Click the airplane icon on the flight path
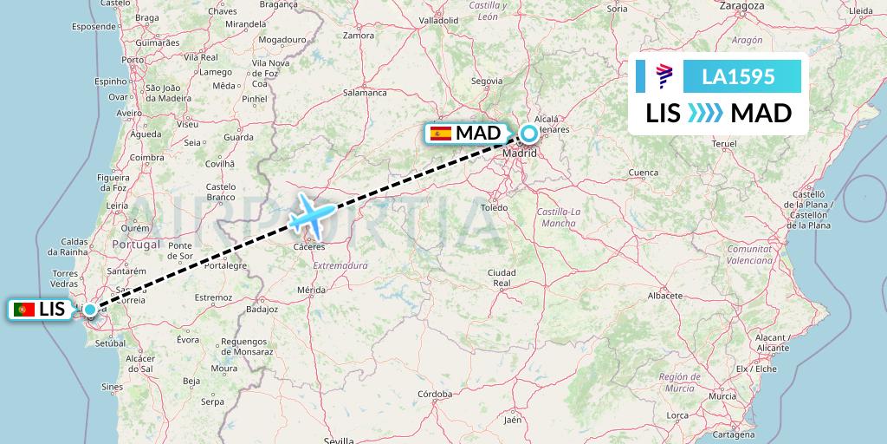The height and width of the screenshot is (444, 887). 311,214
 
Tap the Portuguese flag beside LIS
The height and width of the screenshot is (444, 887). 25,310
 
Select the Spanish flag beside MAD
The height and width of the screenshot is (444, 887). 441,134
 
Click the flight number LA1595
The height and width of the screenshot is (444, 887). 738,77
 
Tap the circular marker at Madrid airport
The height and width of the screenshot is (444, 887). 528,134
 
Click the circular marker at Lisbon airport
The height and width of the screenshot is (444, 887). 90,310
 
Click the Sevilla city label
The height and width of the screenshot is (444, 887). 339,440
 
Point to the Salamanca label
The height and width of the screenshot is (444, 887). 364,92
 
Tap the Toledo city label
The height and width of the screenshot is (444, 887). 495,208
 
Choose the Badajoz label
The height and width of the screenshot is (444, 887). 261,308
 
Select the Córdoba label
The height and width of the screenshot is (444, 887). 434,394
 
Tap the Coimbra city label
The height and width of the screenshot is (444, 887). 146,157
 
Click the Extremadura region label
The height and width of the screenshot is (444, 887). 340,265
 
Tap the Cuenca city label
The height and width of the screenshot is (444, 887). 644,173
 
